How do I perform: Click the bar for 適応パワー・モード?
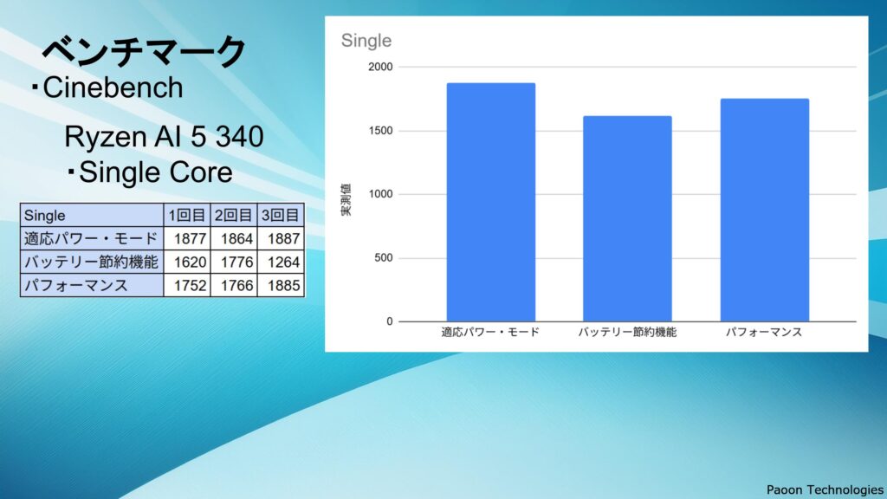tap(491, 202)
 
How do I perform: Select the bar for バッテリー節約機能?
tap(627, 218)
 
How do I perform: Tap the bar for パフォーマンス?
tap(764, 210)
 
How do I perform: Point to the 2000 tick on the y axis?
tap(380, 67)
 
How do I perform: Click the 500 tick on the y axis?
tap(383, 258)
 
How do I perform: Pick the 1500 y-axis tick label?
tap(380, 131)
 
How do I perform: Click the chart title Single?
tap(366, 41)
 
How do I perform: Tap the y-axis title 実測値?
tap(346, 200)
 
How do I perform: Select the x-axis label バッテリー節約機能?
tap(627, 332)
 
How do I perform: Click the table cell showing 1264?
tap(282, 262)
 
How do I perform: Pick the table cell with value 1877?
tap(187, 239)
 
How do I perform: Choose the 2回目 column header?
tap(234, 215)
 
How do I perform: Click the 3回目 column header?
tap(282, 215)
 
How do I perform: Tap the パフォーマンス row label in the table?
tap(76, 285)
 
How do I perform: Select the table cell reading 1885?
tap(282, 285)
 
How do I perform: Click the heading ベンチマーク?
tap(145, 51)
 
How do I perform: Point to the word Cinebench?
tap(113, 87)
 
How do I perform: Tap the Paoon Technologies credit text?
tap(825, 489)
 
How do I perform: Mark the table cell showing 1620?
tap(187, 262)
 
